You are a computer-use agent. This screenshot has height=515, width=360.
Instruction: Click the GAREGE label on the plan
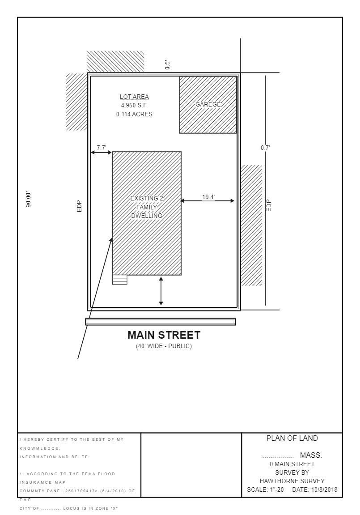208,104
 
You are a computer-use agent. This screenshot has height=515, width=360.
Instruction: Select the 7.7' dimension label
102,148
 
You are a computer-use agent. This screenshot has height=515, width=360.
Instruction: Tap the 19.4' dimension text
208,197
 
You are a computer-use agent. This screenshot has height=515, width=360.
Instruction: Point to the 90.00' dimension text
29,200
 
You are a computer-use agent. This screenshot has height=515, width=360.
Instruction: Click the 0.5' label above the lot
167,65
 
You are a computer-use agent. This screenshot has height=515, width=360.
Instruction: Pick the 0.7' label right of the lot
266,148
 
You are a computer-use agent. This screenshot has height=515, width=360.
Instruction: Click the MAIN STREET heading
164,335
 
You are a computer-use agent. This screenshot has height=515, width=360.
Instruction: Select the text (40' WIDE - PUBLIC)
164,346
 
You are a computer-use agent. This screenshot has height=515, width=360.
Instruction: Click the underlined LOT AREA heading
134,97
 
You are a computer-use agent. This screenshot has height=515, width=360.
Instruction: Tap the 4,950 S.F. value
134,106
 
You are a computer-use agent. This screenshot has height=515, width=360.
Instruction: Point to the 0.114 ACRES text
134,114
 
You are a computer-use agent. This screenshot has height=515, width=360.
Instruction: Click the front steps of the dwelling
120,280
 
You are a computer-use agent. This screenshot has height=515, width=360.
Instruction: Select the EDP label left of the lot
79,206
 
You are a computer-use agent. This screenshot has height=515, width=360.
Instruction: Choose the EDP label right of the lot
269,205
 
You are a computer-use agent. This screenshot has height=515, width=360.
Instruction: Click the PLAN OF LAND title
292,438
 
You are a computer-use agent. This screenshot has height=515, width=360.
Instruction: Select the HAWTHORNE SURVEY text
292,481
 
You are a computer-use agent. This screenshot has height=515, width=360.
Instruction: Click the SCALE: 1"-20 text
266,489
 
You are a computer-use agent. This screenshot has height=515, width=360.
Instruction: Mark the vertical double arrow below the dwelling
161,291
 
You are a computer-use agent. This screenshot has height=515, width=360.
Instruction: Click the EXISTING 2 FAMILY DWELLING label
147,207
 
